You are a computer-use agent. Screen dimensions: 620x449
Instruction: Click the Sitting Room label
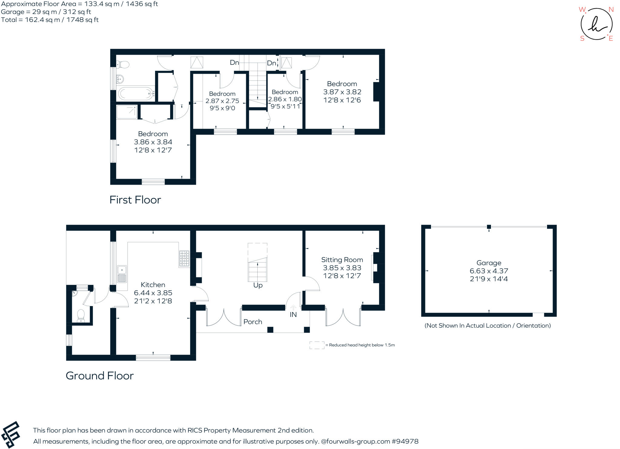pyautogui.click(x=342, y=260)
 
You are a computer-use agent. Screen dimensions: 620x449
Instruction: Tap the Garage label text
pyautogui.click(x=489, y=263)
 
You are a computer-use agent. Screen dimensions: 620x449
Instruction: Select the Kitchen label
pyautogui.click(x=153, y=285)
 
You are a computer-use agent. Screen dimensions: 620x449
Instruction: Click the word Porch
pyautogui.click(x=253, y=322)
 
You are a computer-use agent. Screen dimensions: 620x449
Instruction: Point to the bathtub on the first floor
pyautogui.click(x=136, y=94)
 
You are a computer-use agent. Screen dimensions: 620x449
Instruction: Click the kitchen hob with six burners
pyautogui.click(x=184, y=259)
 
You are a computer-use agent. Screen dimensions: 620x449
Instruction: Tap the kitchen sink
pyautogui.click(x=122, y=274)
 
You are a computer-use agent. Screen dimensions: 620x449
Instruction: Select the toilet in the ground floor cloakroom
pyautogui.click(x=81, y=316)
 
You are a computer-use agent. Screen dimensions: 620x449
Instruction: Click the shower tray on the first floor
pyautogui.click(x=127, y=112)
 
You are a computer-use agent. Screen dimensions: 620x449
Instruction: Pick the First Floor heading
pyautogui.click(x=135, y=200)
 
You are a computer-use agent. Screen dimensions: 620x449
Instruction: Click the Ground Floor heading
pyautogui.click(x=100, y=376)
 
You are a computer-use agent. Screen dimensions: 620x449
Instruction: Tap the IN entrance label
pyautogui.click(x=293, y=315)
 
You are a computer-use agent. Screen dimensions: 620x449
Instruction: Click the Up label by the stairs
pyautogui.click(x=258, y=285)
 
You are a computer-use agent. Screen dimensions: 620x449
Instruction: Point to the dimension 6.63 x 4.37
pyautogui.click(x=489, y=271)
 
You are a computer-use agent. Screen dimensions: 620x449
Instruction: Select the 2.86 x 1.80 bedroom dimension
pyautogui.click(x=285, y=99)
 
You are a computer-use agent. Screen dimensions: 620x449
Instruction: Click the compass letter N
pyautogui.click(x=611, y=10)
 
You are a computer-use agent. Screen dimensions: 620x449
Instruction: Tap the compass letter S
pyautogui.click(x=582, y=38)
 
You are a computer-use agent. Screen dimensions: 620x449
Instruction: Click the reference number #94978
pyautogui.click(x=405, y=441)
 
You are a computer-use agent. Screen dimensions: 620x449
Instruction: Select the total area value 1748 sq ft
pyautogui.click(x=83, y=20)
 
